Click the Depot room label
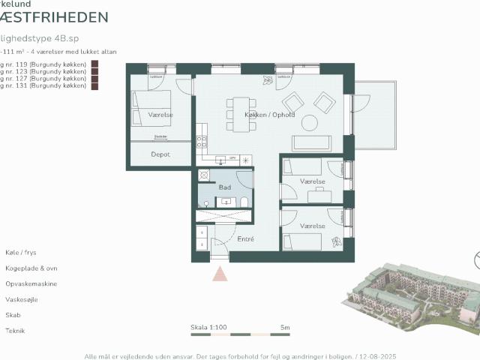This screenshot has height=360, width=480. (160, 154)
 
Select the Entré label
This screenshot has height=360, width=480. (245, 239)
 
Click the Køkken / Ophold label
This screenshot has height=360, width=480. (270, 115)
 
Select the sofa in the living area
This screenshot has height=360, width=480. (310, 143)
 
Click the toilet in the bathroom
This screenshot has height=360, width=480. (244, 202)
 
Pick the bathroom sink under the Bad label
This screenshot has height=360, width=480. (225, 201)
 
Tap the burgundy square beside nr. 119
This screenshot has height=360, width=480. (94, 64)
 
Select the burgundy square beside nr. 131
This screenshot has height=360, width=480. (94, 86)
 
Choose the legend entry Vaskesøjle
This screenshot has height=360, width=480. (20, 300)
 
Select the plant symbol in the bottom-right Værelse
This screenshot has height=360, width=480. (337, 241)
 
